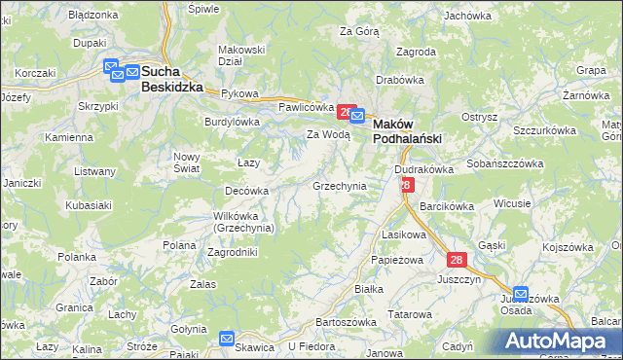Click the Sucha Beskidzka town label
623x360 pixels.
coord(171,79)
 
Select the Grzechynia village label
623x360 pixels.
coord(339,185)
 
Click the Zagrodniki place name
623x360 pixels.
coord(233,251)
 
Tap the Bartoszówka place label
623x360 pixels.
coord(346,321)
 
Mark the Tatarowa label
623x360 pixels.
coord(410,314)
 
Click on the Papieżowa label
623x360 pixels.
coord(394,261)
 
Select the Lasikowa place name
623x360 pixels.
coord(405,234)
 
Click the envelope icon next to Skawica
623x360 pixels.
coord(227,340)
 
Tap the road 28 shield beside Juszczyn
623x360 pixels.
coord(458,260)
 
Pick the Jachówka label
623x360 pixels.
coord(466,16)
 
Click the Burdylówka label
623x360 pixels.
coord(232,122)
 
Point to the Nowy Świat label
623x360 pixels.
coord(186,162)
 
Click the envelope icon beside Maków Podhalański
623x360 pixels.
coord(357,118)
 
